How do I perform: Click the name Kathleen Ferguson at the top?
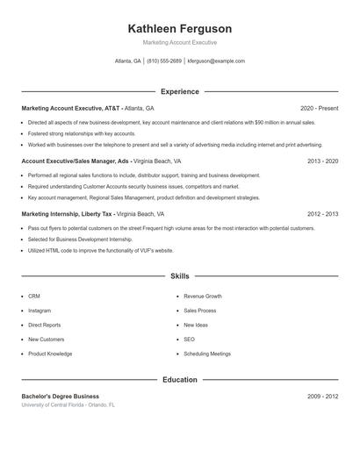(179, 29)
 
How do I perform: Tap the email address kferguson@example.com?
(217, 61)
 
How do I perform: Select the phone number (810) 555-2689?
(164, 61)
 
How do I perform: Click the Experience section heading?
(179, 91)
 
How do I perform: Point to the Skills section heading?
(179, 276)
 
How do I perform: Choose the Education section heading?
(179, 380)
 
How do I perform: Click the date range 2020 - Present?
(319, 108)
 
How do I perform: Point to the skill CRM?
(34, 297)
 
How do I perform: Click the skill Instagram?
(40, 311)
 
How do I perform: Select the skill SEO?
(189, 340)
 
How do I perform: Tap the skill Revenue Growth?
(203, 297)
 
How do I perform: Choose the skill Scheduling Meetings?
(207, 354)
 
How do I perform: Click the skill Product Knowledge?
(50, 354)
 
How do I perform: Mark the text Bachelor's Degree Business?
(61, 397)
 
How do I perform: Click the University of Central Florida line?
(68, 405)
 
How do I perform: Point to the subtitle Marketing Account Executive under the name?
(179, 42)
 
